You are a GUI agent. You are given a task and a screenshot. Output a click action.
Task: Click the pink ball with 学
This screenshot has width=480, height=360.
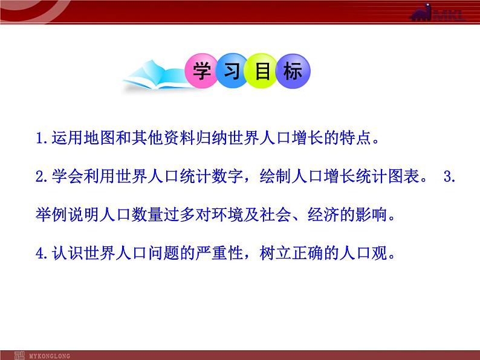(202, 71)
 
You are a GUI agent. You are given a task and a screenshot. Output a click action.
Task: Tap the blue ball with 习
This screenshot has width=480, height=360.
(232, 71)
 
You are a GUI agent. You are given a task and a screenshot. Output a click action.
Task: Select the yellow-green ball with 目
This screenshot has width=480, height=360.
(261, 71)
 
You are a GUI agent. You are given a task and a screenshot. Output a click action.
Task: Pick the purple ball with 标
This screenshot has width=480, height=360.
(293, 71)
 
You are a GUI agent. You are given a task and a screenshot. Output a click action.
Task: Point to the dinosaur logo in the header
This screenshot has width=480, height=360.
(421, 12)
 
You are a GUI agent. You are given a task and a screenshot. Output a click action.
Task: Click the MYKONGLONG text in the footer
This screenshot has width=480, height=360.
(50, 356)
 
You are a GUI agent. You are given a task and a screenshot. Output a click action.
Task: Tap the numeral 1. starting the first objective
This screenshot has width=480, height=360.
(42, 138)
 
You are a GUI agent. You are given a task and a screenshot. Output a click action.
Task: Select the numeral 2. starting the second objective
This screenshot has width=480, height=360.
(42, 176)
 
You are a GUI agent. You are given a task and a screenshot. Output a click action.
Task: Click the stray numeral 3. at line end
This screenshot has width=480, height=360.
(449, 176)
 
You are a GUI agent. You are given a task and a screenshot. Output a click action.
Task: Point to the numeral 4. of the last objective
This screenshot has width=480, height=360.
(42, 254)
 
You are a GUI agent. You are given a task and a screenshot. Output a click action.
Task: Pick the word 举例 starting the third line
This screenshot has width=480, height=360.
(51, 214)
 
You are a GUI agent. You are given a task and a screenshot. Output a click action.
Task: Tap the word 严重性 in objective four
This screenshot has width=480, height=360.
(219, 253)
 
